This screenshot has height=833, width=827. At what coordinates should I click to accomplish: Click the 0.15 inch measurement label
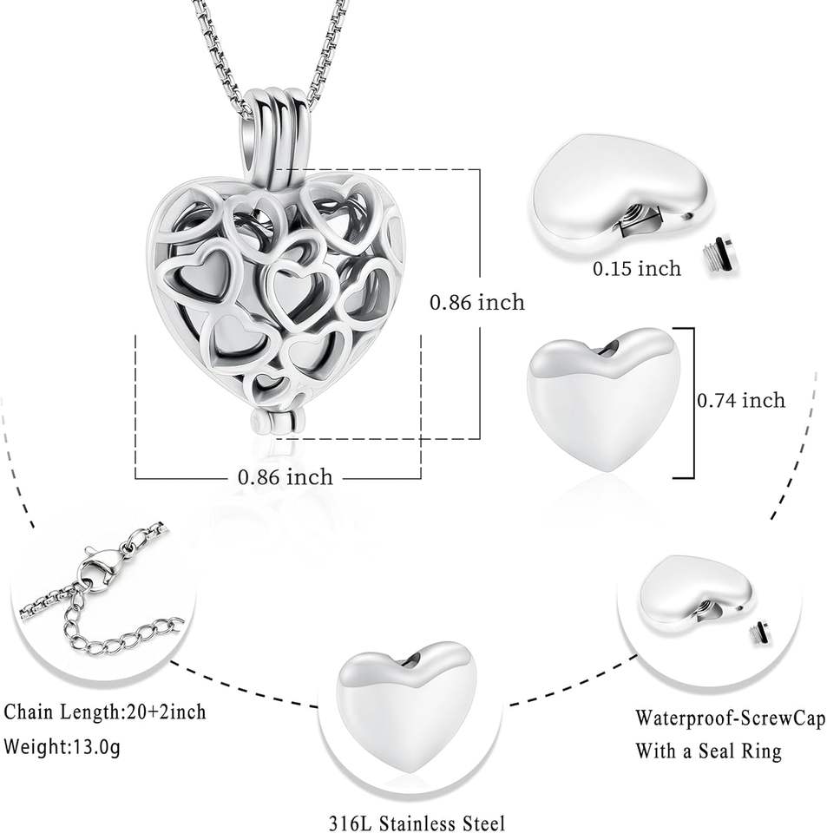coord(636,268)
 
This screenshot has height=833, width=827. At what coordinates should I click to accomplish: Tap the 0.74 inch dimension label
coord(741,400)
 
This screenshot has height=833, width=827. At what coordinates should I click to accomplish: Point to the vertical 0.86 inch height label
coord(477,302)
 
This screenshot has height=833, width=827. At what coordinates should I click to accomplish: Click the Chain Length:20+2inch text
coord(105,712)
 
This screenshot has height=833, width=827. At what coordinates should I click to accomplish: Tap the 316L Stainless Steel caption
coord(417,821)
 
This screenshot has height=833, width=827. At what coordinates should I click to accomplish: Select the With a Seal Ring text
coord(708,751)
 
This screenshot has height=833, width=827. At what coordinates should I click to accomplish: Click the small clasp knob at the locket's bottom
coord(259,422)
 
